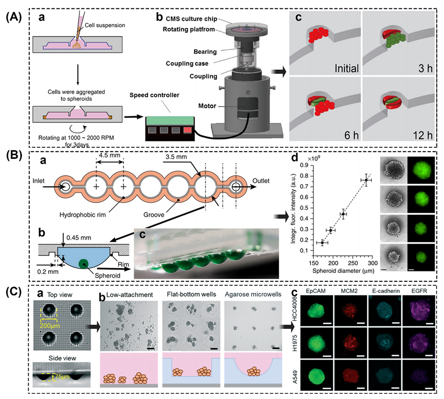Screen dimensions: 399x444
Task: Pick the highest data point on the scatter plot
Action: pyautogui.click(x=366, y=180)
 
